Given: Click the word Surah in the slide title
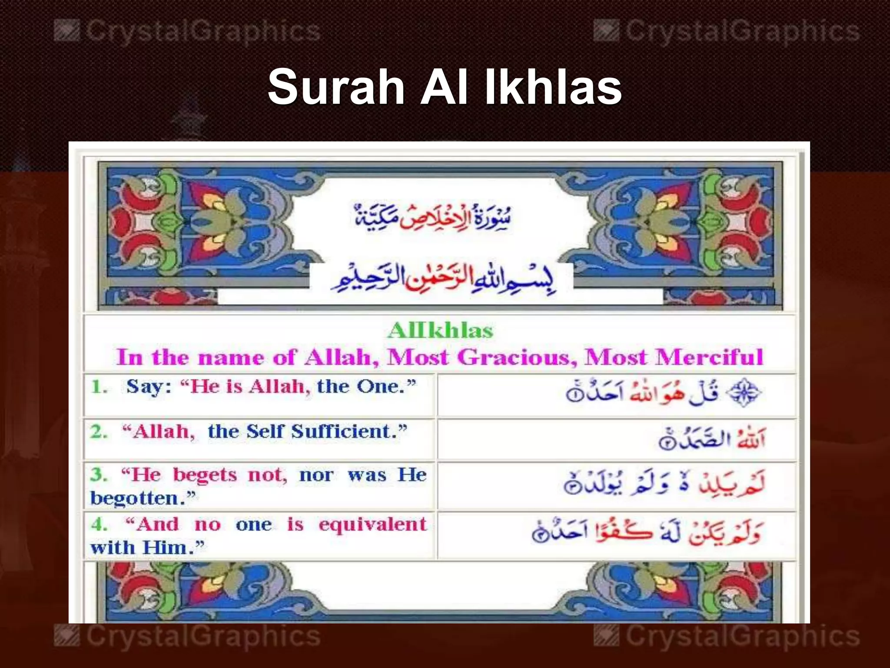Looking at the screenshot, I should tap(335, 87).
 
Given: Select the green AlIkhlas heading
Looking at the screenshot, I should tap(440, 331).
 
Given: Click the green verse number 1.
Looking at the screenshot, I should tap(99, 387).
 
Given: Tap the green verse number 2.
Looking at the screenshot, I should tap(99, 432).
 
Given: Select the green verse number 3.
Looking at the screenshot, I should tap(99, 474).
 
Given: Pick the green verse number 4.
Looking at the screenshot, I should tap(99, 524).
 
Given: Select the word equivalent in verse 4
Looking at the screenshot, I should tap(372, 524).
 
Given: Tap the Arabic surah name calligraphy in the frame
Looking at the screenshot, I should tap(432, 216).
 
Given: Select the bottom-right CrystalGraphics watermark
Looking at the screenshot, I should tap(727, 636).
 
